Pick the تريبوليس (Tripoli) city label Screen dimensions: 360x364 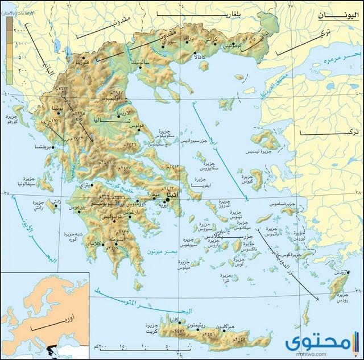[x=110, y=217]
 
